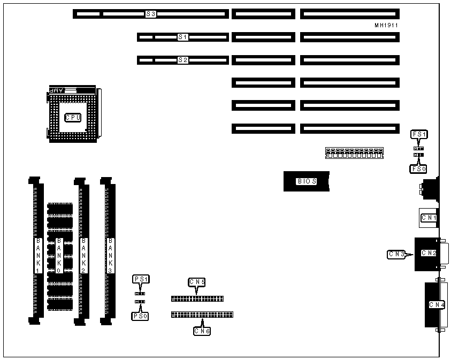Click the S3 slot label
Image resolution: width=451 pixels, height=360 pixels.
point(151,14)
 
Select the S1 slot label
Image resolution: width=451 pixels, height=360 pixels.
point(183,37)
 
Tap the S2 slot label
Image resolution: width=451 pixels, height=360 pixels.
point(183,60)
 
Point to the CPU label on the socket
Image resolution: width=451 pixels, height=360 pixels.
point(73,117)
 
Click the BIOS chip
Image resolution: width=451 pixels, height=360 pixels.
point(307,181)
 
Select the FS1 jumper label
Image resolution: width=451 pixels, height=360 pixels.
point(418,134)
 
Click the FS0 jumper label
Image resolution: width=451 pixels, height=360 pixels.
point(418,168)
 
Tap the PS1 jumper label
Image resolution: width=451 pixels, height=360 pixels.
point(141,279)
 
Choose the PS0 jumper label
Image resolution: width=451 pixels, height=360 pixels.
point(140,316)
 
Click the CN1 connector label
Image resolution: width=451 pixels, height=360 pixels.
point(429,218)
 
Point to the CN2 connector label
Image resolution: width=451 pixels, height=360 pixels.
point(429,252)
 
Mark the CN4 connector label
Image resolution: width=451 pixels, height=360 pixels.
point(437,305)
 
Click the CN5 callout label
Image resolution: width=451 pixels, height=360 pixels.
point(197,281)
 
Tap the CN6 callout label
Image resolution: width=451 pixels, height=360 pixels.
point(202,331)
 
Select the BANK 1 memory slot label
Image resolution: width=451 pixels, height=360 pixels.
point(38,256)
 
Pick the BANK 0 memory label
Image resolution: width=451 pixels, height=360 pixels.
point(59,256)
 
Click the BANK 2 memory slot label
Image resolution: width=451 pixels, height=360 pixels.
point(83,256)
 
